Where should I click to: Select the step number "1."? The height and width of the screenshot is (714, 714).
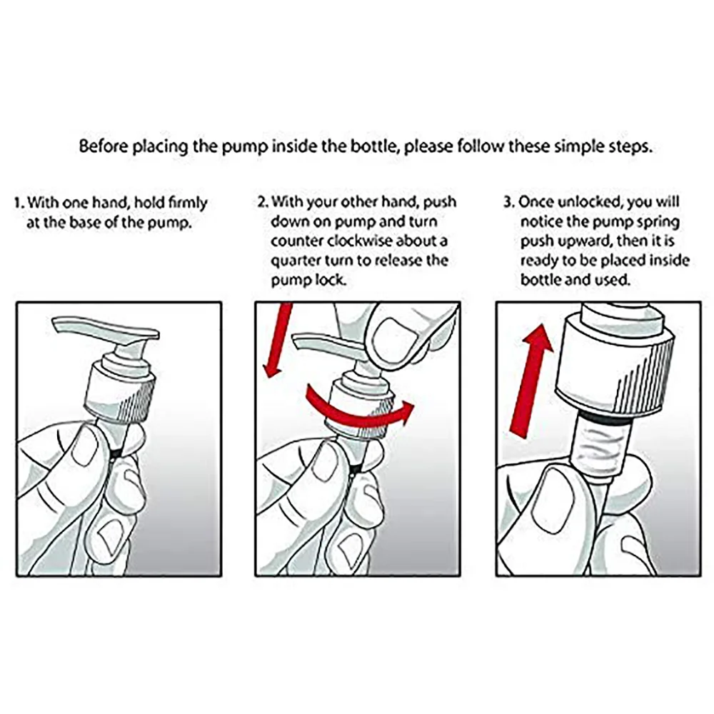[x=19, y=203]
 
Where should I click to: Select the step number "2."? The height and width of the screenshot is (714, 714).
[x=263, y=202]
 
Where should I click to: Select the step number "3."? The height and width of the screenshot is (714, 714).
[x=509, y=202]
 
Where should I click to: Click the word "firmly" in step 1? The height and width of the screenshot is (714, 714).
[x=188, y=203]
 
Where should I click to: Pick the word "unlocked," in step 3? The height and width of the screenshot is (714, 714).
[x=590, y=202]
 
